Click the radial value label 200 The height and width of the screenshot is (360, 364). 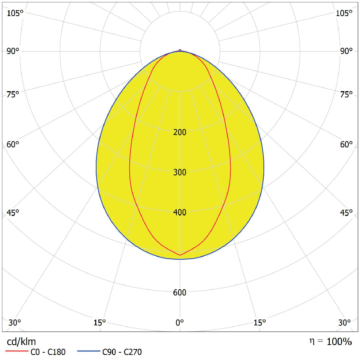pos(180,132)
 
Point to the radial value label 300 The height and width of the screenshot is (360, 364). pos(180,173)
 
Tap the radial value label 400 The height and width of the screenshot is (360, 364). pos(180,213)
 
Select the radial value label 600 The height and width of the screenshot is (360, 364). pos(180,293)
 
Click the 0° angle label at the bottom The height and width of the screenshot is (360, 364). pos(180,323)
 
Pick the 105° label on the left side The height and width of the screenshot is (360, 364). pos(15,13)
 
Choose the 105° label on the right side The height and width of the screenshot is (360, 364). pos(344,13)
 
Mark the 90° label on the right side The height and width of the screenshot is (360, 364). pos(346,51)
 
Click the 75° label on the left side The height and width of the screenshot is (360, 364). pos(13,95)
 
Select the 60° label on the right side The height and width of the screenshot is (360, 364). pos(346,144)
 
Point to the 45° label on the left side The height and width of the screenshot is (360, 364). pos(13,213)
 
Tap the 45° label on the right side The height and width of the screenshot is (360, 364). pos(346,213)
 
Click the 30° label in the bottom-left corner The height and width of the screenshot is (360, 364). pos(15,323)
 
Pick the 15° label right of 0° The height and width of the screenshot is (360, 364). pos(260,323)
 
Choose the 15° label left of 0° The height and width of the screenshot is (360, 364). pos(99,323)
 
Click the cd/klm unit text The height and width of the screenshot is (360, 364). pos(21,342)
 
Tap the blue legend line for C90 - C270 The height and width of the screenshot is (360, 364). pos(89,352)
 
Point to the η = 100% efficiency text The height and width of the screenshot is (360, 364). pos(330,342)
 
